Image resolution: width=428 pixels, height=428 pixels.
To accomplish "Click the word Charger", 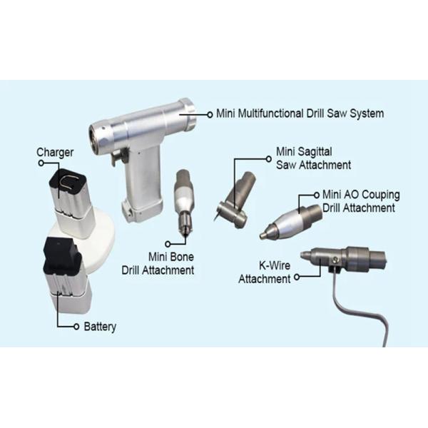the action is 55,153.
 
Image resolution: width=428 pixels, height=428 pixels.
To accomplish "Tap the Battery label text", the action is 100,327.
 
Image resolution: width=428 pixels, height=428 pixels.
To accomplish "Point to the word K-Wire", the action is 275,265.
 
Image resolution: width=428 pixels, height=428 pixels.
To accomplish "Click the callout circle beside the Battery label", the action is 76,327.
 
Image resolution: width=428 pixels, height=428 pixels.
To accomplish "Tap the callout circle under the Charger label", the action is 41,163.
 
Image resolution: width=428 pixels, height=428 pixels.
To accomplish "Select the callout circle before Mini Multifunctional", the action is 210,115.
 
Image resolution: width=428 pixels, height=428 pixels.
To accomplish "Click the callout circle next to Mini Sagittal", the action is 269,158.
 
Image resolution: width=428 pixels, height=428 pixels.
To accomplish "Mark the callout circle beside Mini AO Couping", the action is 316,195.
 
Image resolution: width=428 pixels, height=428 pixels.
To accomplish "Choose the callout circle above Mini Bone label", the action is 168,244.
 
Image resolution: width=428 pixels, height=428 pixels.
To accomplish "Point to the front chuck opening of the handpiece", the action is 93,136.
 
